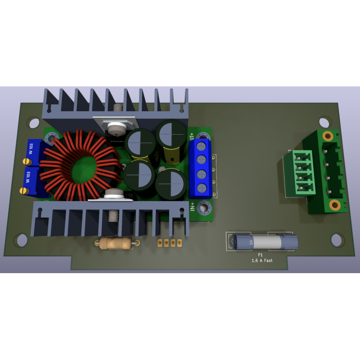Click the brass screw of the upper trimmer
(27, 161)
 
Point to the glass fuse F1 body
(265, 242)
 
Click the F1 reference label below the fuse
(260, 255)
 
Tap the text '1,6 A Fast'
(262, 261)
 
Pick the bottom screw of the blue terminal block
(202, 188)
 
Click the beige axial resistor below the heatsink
(116, 243)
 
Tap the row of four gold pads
(170, 243)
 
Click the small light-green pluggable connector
(302, 173)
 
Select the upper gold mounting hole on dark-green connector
(328, 136)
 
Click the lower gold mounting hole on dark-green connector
(334, 205)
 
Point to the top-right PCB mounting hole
(324, 122)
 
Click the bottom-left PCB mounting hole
(21, 240)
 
